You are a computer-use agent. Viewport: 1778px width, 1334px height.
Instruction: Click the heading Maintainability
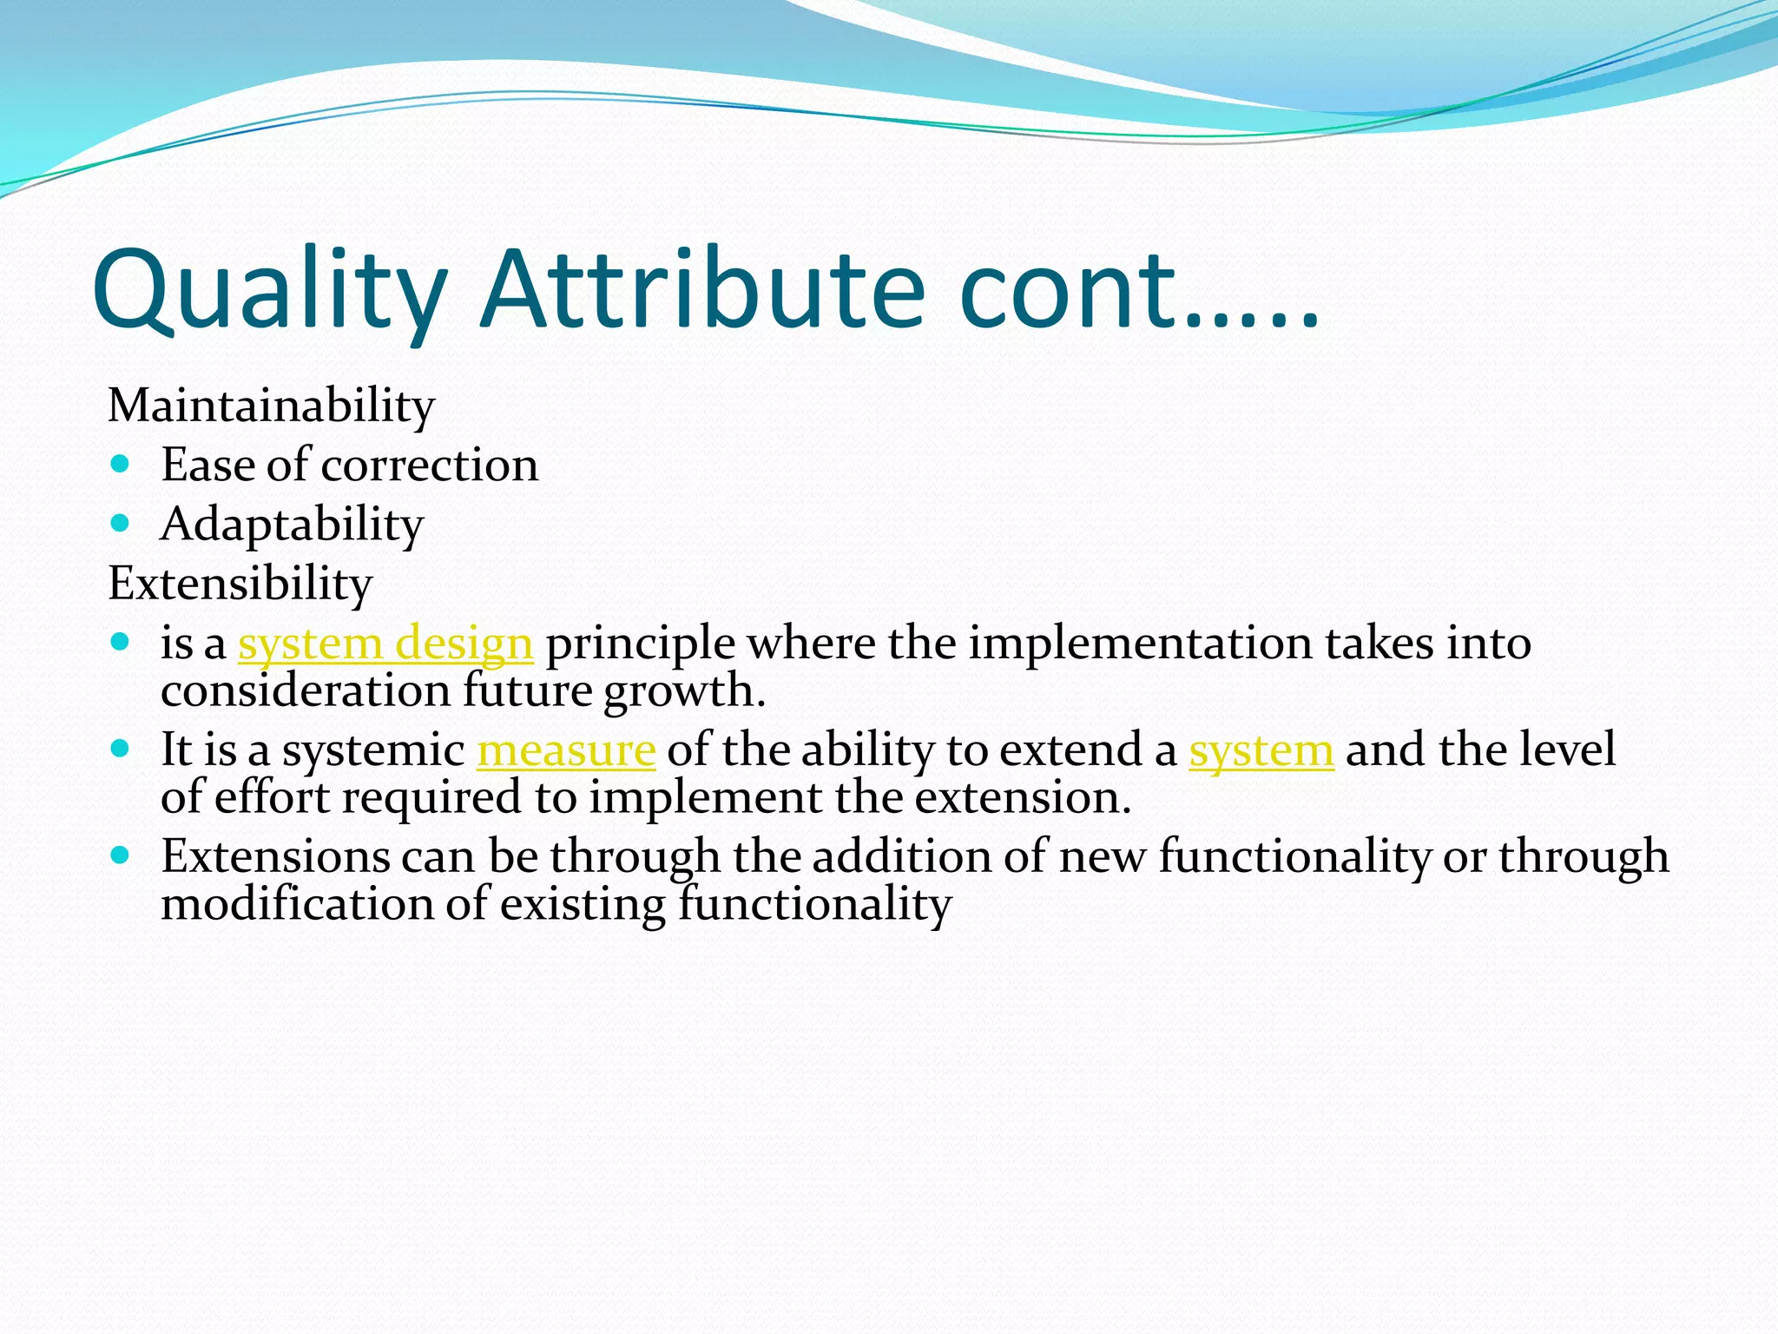pos(271,406)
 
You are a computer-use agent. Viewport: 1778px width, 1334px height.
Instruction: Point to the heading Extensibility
pos(240,583)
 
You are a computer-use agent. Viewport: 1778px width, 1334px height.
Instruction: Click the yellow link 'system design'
pos(385,644)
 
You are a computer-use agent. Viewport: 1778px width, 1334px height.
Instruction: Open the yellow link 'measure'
pos(566,750)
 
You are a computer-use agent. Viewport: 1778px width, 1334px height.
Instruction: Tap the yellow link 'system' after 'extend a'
pos(1261,750)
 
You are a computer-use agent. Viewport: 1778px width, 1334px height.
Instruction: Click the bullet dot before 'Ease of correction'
pos(121,465)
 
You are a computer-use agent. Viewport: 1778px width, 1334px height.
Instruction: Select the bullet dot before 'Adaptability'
pos(121,524)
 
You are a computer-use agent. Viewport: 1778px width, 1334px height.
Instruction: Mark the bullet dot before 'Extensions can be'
pos(121,855)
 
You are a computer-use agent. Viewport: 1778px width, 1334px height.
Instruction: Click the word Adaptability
pos(292,525)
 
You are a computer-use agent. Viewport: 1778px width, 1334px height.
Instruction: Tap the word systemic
pos(373,750)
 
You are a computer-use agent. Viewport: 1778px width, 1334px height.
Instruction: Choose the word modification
pos(298,904)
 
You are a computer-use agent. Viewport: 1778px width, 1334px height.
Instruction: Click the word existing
pos(583,904)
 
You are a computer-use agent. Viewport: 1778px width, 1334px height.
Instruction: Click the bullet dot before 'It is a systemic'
pos(121,749)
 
